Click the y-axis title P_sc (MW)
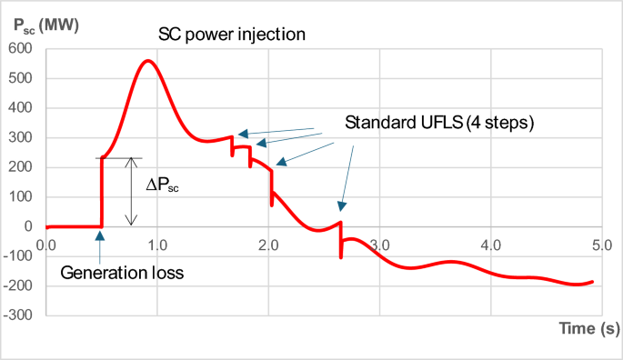[x=45, y=25]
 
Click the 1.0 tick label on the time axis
[x=156, y=245]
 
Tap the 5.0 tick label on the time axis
[x=600, y=245]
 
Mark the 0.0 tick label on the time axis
[x=45, y=245]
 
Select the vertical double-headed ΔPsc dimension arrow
[x=131, y=191]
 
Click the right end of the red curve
[x=593, y=282]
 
